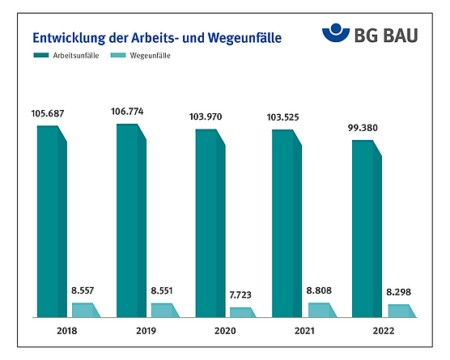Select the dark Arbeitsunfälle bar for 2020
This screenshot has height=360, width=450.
209,222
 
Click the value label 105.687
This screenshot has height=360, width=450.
50,112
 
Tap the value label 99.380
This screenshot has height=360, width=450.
365,128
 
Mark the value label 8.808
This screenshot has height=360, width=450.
320,290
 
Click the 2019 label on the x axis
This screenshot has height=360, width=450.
146,330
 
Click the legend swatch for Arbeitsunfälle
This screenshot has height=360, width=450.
42,56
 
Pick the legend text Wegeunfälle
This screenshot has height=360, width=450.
151,56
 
